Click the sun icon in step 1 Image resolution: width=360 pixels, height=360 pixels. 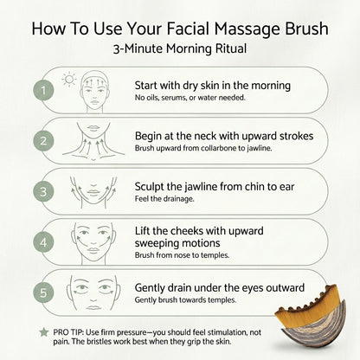pyautogui.click(x=70, y=81)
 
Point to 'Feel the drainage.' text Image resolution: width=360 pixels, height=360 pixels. pyautogui.click(x=164, y=198)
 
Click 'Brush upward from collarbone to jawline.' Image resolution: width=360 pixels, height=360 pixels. pyautogui.click(x=204, y=149)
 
